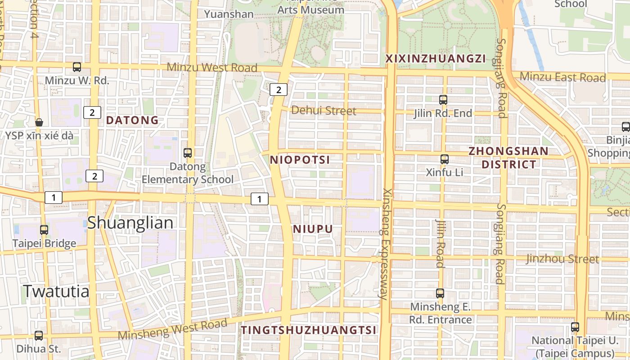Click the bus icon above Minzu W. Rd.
(77, 67)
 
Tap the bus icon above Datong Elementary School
(188, 153)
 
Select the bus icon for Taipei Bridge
(44, 229)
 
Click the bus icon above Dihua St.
(39, 335)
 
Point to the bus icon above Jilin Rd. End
(443, 99)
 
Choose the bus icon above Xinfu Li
(445, 159)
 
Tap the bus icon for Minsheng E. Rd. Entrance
(440, 293)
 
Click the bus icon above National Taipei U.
(575, 327)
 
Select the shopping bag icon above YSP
(39, 122)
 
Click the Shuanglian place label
(130, 223)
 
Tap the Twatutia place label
(56, 291)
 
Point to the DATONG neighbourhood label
(132, 120)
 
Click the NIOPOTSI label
(300, 160)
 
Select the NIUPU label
(313, 229)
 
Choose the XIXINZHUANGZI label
(436, 58)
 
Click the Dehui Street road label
(324, 110)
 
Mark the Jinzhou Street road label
(562, 259)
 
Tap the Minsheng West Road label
(173, 330)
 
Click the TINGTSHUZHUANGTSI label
(308, 330)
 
